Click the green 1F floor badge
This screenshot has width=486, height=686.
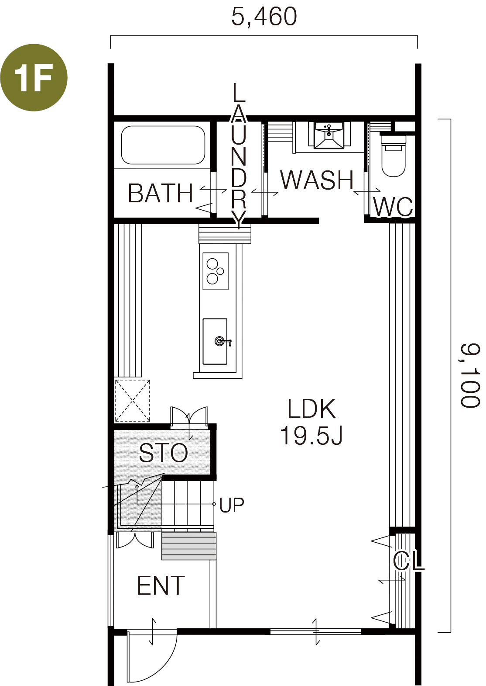pos(34,77)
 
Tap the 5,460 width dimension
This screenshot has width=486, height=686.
pos(264,17)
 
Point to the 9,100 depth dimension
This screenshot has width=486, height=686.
pos(470,375)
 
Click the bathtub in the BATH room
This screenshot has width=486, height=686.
pos(163,145)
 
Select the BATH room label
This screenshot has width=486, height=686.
pos(161,193)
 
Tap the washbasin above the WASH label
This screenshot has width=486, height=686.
pos(329,135)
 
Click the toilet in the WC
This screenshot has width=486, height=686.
pos(394,156)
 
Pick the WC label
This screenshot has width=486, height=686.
pos(393,207)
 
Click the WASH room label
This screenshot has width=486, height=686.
pos(317,180)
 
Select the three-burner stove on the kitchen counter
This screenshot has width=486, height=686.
pos(216,271)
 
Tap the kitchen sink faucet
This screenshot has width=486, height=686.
pos(223,341)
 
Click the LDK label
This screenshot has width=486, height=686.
pos(311,409)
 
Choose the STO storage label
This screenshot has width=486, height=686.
pos(163,453)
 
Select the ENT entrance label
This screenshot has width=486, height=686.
pos(161,586)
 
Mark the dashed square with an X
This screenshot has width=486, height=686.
pos(133,401)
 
